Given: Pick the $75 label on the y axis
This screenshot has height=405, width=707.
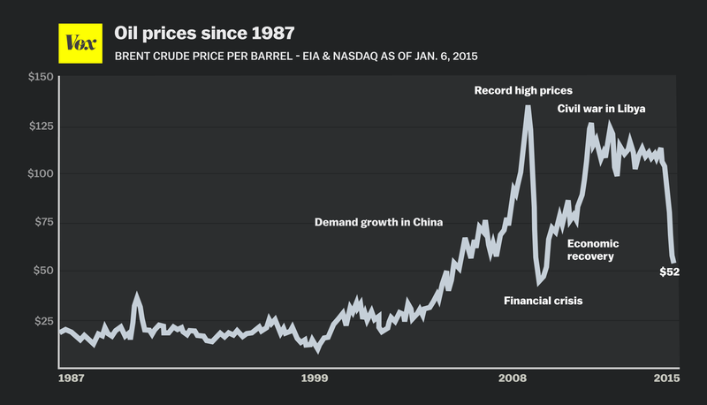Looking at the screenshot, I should [x=42, y=223].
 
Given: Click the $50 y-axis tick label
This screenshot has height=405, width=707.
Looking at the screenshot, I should [x=42, y=271].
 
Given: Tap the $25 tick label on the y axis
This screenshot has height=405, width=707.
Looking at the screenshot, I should [x=42, y=320].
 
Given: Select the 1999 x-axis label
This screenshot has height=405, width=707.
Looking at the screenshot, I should [x=315, y=378].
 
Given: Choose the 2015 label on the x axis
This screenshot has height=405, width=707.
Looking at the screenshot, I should [x=665, y=378].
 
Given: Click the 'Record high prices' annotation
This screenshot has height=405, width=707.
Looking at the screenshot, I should [x=523, y=90].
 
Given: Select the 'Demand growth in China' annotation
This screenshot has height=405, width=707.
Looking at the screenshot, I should [x=378, y=222].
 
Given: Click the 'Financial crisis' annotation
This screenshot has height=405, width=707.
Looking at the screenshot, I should [x=543, y=301].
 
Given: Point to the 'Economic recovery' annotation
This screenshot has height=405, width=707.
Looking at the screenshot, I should [x=592, y=249].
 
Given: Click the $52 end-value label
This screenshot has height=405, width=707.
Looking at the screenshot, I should [x=669, y=271].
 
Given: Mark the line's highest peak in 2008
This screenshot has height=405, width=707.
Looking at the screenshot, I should [x=528, y=107].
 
